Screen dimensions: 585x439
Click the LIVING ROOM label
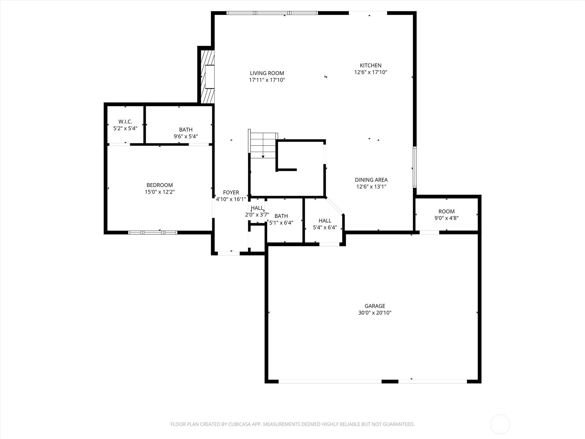coord(267,73)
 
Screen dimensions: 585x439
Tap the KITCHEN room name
coord(370,65)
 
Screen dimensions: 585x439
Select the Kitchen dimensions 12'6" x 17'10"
coord(370,72)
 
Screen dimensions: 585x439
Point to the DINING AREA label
coord(371,180)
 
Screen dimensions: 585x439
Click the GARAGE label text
coord(375,306)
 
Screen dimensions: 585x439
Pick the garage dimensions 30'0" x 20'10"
coord(375,313)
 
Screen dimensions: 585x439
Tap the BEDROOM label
coord(160,185)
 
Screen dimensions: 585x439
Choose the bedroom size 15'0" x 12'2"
coord(160,192)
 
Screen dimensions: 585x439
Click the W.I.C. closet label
coord(125,122)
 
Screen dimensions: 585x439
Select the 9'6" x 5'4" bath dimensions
coord(186,136)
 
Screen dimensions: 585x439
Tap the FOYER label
coord(231,192)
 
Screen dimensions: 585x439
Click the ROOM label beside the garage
coord(446,211)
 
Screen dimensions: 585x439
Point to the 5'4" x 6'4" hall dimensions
coord(325,228)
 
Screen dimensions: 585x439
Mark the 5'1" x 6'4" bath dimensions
coord(281,222)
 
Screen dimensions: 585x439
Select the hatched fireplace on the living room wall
coord(207,77)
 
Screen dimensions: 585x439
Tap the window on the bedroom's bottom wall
coord(153,232)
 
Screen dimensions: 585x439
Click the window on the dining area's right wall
coord(415,167)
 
